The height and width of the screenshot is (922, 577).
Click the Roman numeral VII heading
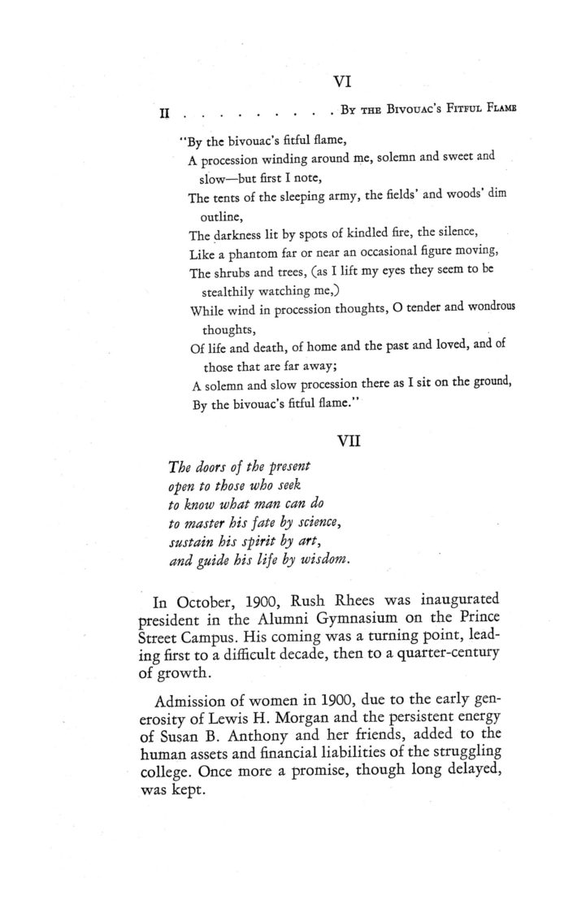tap(349, 441)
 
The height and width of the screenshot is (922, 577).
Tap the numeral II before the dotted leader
tap(163, 112)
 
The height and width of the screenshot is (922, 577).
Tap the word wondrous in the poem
tap(484, 309)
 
